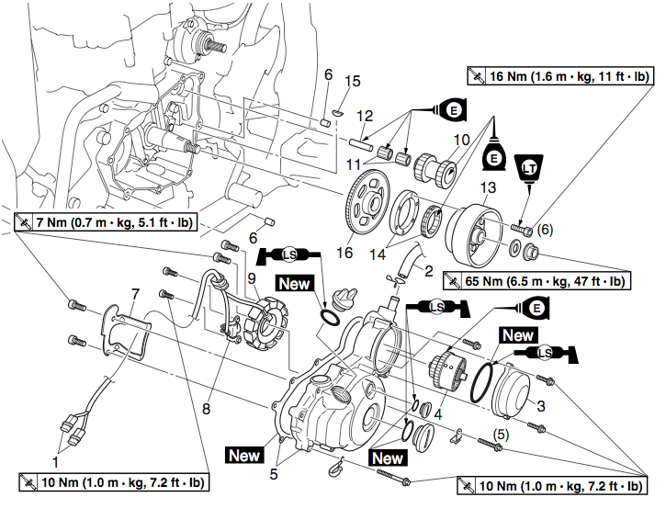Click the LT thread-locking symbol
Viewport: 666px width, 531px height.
point(527,168)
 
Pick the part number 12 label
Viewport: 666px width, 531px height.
point(365,117)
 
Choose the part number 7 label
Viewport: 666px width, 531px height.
point(134,293)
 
